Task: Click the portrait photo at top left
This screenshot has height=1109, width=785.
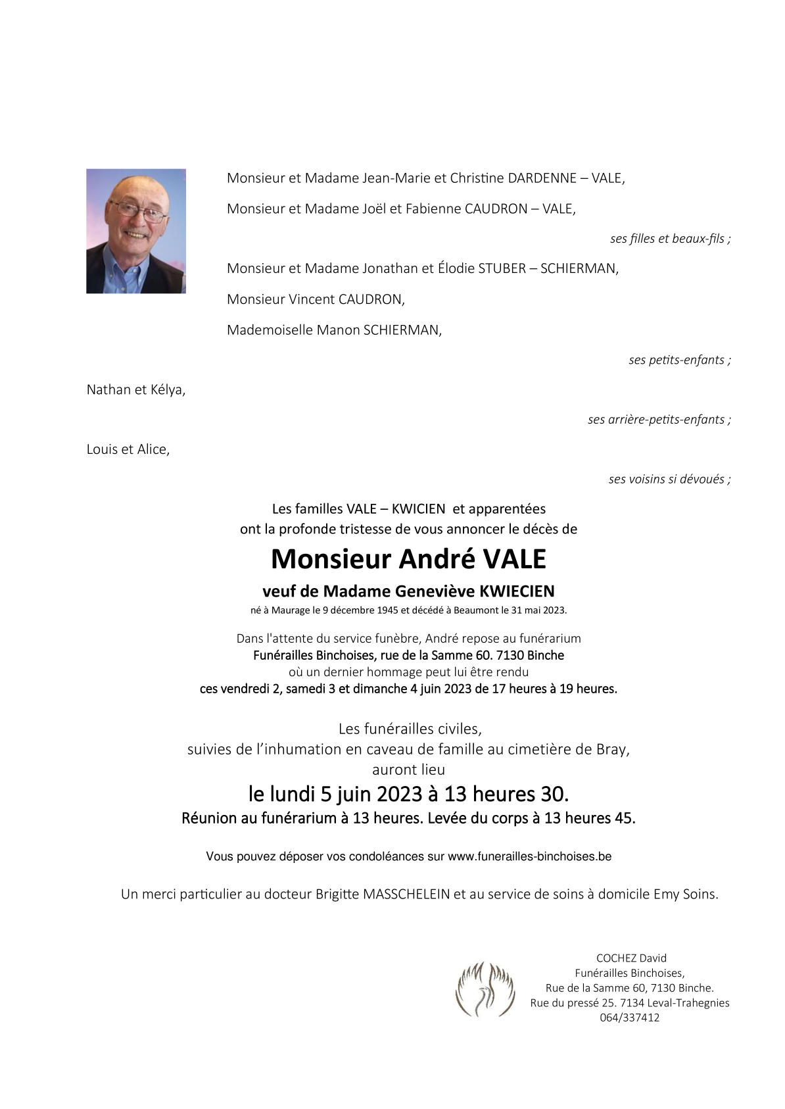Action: (x=136, y=231)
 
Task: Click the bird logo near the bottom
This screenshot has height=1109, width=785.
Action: (x=485, y=989)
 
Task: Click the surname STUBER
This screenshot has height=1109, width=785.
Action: (x=502, y=268)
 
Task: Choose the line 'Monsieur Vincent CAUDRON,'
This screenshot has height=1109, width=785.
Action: (x=316, y=299)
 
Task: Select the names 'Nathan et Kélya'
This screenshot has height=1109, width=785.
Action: (x=135, y=390)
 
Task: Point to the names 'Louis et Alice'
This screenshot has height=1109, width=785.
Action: (x=128, y=449)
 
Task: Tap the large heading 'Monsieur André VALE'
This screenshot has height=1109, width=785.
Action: (x=408, y=559)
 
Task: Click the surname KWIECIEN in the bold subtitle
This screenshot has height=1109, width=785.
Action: (x=517, y=591)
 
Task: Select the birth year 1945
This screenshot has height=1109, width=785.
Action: (x=387, y=610)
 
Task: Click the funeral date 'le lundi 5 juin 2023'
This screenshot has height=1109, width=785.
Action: (x=335, y=794)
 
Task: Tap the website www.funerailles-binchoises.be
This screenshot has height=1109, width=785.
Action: (x=529, y=856)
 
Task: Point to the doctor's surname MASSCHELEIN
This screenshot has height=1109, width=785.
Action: (x=406, y=895)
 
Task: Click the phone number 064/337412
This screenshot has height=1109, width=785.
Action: (x=629, y=1018)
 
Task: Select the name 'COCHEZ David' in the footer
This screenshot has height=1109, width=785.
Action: (x=630, y=958)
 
